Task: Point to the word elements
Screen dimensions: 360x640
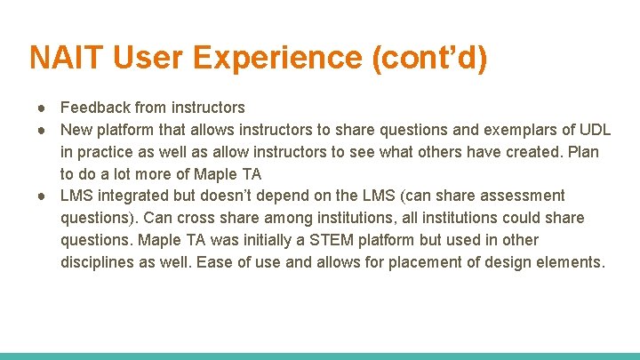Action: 570,262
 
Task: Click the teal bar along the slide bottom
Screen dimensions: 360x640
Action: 320,356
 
